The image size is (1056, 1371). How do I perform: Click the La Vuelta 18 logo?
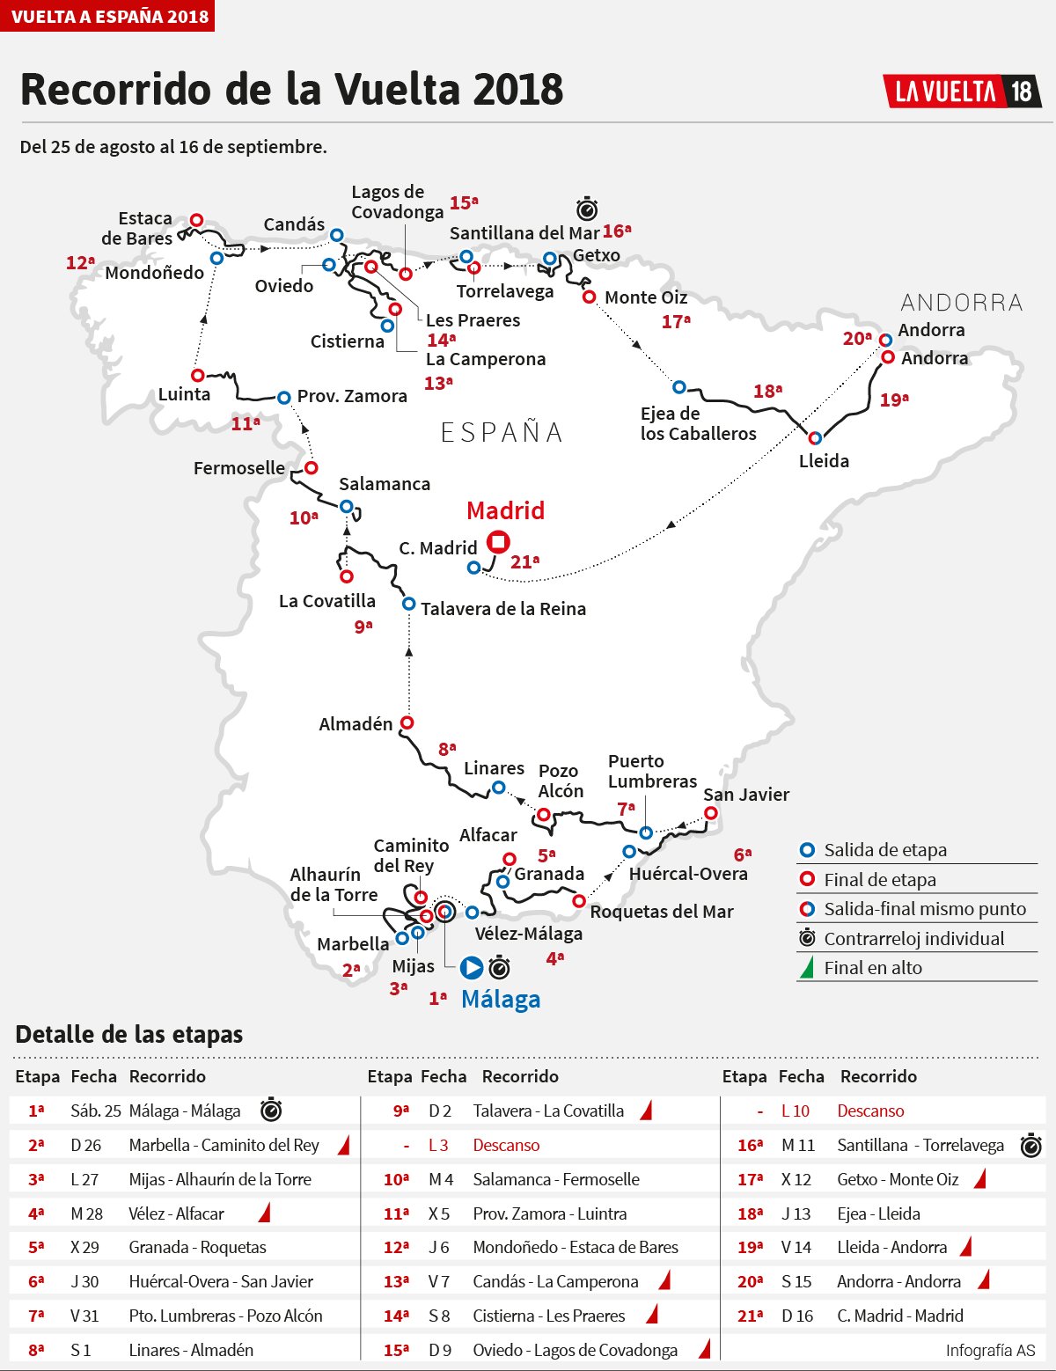click(962, 92)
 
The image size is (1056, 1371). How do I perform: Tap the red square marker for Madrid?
click(498, 542)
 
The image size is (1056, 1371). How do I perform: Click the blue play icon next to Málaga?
click(472, 968)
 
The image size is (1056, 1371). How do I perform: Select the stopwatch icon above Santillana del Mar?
click(587, 209)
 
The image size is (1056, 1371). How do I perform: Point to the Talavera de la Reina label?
click(502, 609)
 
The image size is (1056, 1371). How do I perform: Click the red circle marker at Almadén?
click(407, 722)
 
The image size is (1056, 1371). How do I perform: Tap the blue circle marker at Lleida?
click(815, 437)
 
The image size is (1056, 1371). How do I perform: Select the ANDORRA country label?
click(961, 303)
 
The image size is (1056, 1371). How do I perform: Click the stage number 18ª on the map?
click(767, 391)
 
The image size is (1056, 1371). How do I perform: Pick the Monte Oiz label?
click(645, 297)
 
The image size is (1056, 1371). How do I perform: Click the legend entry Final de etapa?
click(879, 880)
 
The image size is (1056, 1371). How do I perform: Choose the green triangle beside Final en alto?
click(805, 969)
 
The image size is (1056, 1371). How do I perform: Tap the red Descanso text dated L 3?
click(506, 1145)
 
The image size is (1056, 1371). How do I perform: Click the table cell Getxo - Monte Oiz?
click(897, 1179)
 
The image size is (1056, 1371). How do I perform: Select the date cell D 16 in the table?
click(796, 1316)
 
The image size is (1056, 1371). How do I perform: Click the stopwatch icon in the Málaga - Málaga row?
click(271, 1111)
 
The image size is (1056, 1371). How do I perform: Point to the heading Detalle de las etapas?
click(129, 1035)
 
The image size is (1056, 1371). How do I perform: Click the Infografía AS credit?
click(990, 1350)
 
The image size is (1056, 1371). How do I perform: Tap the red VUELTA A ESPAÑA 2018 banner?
click(107, 16)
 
